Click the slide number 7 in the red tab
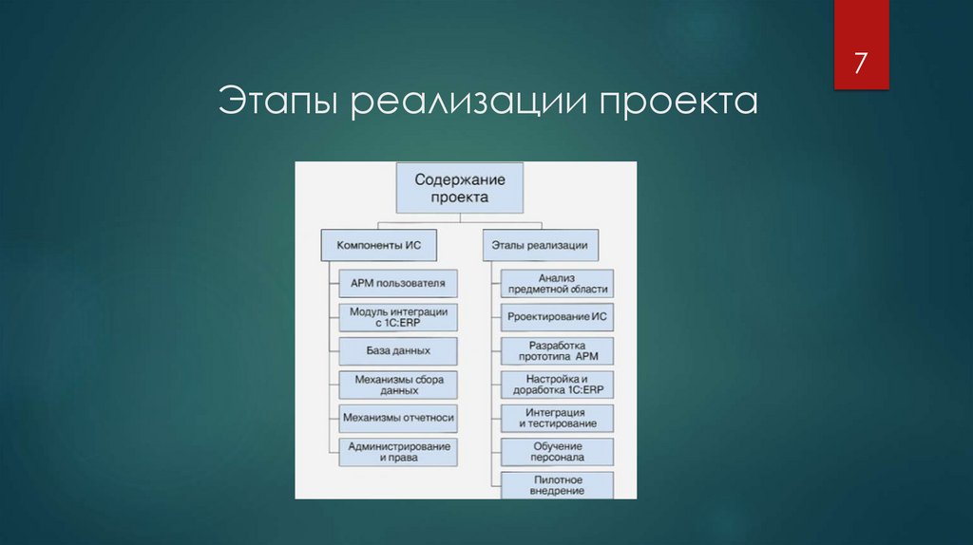click(861, 65)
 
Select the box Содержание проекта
click(459, 187)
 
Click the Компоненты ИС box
click(378, 245)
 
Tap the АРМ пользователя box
click(397, 283)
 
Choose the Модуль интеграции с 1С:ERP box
click(397, 317)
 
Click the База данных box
click(397, 350)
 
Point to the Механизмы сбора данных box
click(397, 385)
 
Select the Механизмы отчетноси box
click(397, 418)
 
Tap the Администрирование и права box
click(397, 452)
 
